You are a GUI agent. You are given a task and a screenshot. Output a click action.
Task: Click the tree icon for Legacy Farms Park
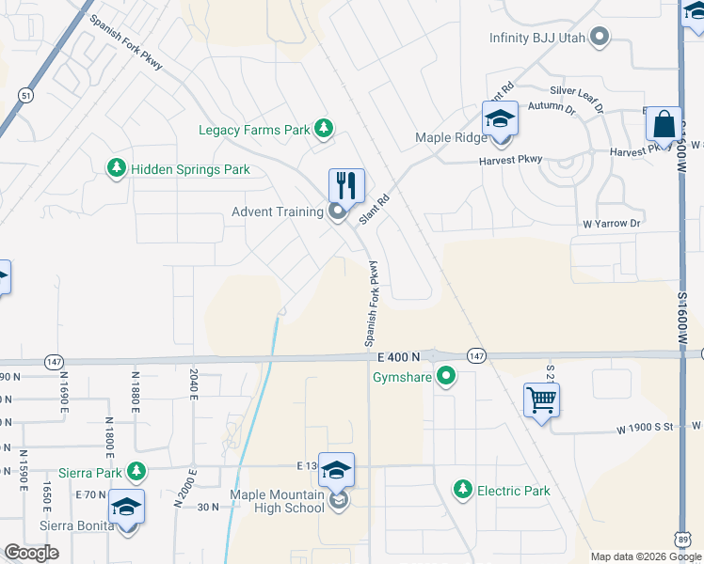coord(324,129)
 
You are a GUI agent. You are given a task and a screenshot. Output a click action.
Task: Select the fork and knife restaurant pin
coord(346,185)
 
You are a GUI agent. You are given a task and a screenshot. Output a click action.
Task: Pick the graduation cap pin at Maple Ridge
coord(500,120)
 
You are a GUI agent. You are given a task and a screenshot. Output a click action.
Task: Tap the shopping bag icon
coord(664,125)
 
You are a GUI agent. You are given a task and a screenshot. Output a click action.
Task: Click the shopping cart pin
coord(542,400)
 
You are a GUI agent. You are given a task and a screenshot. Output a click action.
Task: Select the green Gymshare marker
coord(447,378)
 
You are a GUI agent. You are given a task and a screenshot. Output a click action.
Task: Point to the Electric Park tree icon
coord(462,490)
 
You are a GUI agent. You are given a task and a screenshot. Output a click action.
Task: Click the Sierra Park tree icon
coord(137,470)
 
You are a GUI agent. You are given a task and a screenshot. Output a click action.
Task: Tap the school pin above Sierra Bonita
coord(126,508)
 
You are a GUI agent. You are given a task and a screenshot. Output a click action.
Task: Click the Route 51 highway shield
coord(25,95)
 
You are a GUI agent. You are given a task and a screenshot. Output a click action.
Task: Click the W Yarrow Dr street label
coord(611,224)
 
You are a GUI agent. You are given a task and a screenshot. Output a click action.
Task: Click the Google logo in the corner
coord(31,552)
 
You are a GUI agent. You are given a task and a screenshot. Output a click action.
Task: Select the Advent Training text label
coord(278,211)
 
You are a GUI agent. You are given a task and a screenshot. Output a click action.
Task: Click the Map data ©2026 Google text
coord(646,556)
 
